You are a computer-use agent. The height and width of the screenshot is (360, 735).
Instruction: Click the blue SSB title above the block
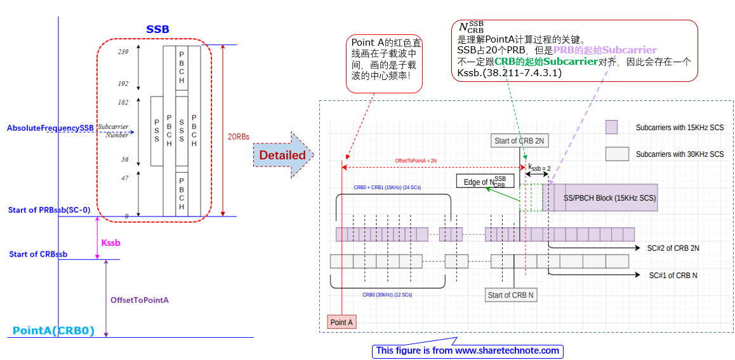157,29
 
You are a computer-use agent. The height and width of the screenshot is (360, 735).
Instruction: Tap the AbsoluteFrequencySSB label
50,128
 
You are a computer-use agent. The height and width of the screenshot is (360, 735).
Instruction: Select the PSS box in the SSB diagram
157,131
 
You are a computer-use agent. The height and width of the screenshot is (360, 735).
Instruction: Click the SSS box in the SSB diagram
182,131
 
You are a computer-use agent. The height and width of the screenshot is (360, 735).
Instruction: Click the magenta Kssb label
110,243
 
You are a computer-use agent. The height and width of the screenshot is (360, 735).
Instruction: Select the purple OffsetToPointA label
139,300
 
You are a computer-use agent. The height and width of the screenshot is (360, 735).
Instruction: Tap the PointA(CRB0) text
53,331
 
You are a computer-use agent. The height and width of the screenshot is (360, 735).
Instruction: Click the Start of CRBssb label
38,255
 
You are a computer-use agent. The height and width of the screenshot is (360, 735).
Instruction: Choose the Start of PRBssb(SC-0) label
49,210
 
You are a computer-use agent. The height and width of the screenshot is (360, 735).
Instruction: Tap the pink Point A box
341,323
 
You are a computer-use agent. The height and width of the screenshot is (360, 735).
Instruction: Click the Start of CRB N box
510,295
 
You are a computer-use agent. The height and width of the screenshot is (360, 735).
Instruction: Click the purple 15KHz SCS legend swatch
611,128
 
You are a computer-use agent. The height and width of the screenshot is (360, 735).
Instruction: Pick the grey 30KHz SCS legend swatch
617,154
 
